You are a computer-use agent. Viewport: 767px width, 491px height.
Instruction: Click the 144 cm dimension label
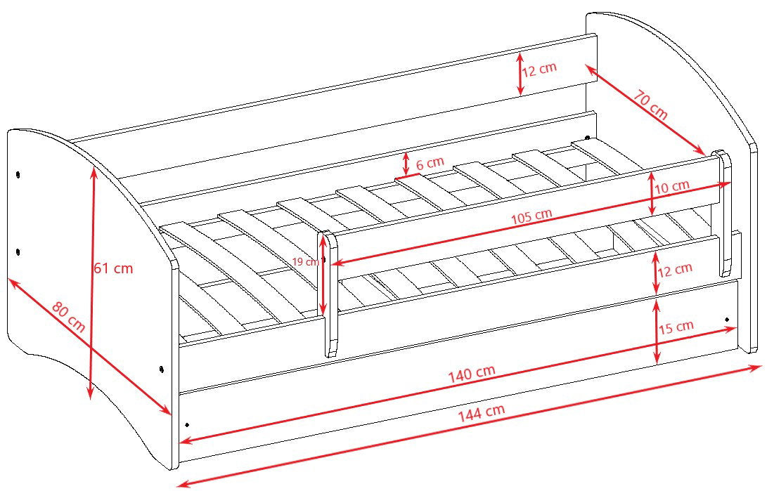click(482, 413)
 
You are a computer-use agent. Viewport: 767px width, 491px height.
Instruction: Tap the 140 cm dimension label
click(472, 373)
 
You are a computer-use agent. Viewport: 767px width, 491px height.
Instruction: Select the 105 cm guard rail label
click(531, 216)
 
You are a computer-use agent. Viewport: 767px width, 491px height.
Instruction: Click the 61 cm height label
click(113, 268)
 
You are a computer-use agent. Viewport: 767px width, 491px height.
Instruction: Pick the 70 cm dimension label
click(650, 105)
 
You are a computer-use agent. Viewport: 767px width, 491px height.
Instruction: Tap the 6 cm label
click(430, 163)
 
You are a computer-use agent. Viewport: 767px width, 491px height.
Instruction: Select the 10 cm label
click(672, 187)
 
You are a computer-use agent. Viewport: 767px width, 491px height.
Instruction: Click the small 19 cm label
click(305, 261)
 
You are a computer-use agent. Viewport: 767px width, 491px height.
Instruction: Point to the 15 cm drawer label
click(676, 327)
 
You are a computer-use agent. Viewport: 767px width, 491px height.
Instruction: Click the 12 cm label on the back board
click(539, 70)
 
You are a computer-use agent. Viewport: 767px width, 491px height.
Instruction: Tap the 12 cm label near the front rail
click(675, 270)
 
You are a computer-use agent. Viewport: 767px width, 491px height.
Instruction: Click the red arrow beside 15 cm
click(657, 332)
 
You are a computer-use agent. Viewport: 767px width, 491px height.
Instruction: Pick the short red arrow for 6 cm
click(406, 164)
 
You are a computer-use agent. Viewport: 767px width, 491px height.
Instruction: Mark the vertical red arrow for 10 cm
click(652, 193)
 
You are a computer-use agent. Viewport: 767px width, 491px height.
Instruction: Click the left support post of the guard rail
click(330, 294)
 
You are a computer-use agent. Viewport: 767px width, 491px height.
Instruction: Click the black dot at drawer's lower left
click(187, 424)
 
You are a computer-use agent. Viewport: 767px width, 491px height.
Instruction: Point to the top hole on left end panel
click(18, 174)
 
